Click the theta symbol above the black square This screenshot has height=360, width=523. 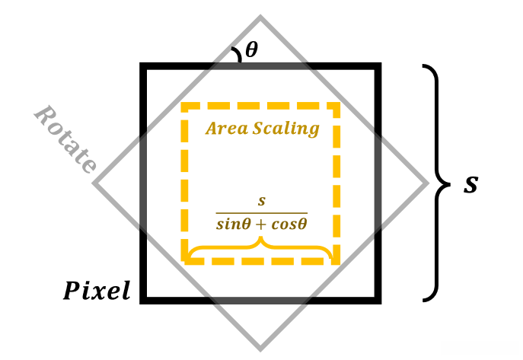[251, 50]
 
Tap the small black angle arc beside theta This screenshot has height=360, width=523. [237, 53]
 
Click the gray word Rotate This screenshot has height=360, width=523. [65, 139]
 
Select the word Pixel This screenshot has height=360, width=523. [97, 291]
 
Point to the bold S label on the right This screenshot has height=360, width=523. [471, 184]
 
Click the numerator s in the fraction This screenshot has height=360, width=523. [261, 202]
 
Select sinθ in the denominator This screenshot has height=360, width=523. [233, 225]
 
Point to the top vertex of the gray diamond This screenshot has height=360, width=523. [261, 17]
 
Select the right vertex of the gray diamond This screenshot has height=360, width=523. [428, 183]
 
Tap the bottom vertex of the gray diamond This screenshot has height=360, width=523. [261, 349]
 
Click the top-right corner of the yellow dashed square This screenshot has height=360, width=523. [337, 105]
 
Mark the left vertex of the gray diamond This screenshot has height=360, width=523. [94, 183]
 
